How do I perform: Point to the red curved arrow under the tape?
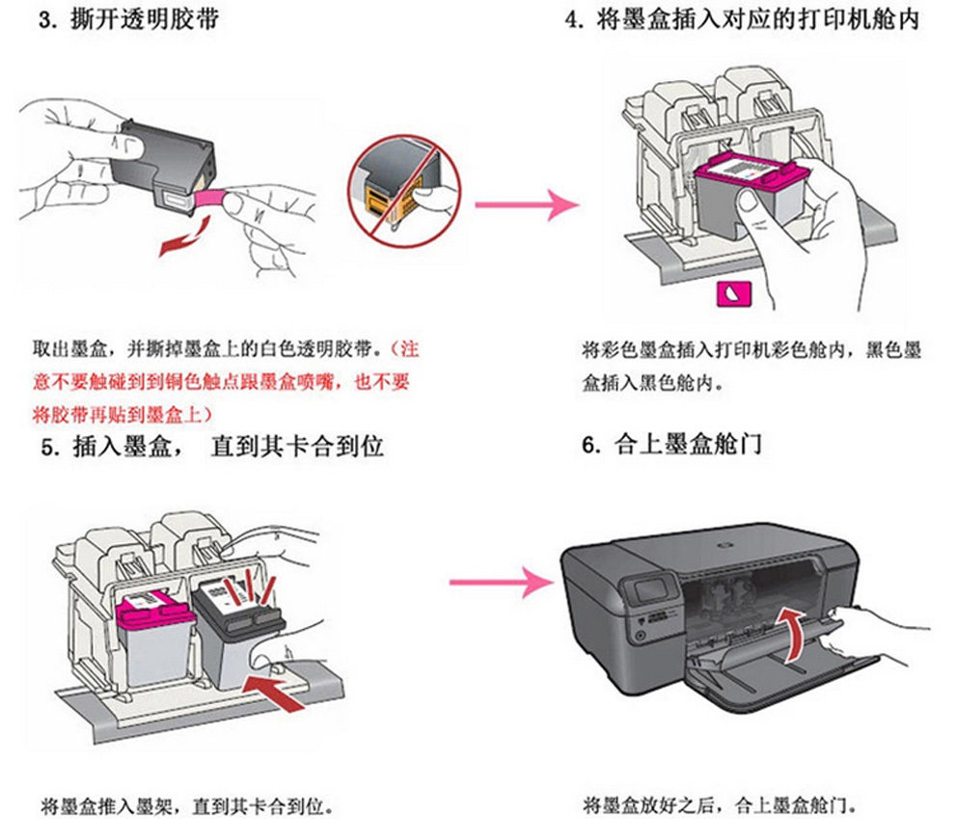(x=184, y=240)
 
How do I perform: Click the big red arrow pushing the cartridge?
(x=282, y=688)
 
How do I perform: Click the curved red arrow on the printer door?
(x=797, y=634)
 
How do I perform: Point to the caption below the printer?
(x=720, y=803)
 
